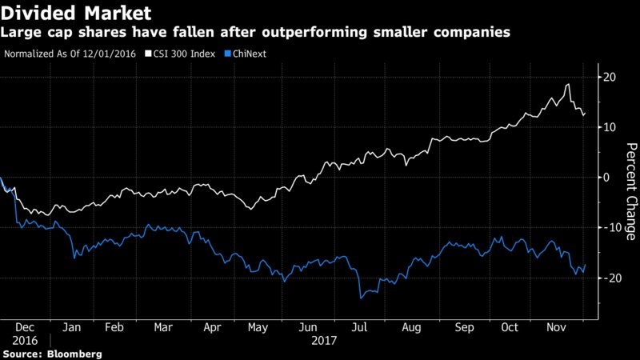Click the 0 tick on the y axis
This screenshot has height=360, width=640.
[x=606, y=177]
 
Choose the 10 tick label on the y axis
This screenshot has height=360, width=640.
[x=610, y=127]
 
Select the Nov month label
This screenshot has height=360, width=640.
[x=557, y=328]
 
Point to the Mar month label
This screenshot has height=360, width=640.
[x=164, y=328]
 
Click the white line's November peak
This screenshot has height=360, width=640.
[x=568, y=84]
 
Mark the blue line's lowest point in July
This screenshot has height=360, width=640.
[x=362, y=298]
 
